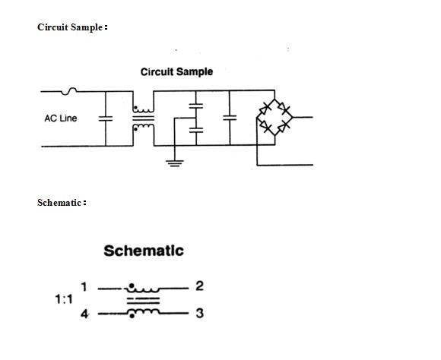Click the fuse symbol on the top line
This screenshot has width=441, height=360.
pyautogui.click(x=70, y=91)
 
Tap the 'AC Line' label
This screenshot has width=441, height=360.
pyautogui.click(x=61, y=118)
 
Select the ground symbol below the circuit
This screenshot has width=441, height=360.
pyautogui.click(x=174, y=163)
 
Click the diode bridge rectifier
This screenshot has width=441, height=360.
pyautogui.click(x=274, y=118)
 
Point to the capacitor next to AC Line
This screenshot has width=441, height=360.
pyautogui.click(x=106, y=118)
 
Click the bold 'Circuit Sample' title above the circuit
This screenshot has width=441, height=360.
pyautogui.click(x=176, y=72)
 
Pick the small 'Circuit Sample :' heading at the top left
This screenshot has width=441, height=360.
pyautogui.click(x=72, y=27)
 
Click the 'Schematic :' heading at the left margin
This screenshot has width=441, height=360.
pyautogui.click(x=62, y=203)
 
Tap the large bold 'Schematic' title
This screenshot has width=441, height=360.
pyautogui.click(x=144, y=251)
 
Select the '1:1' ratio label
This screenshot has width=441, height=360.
pyautogui.click(x=64, y=299)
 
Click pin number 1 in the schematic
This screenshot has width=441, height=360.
pyautogui.click(x=84, y=287)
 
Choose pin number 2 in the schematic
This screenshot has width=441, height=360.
pyautogui.click(x=199, y=286)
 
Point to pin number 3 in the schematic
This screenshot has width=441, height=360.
pyautogui.click(x=199, y=313)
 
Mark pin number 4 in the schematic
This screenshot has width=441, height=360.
pyautogui.click(x=84, y=313)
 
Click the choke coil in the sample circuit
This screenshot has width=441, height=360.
pyautogui.click(x=142, y=118)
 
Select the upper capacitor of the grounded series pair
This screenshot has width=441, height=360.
pyautogui.click(x=196, y=106)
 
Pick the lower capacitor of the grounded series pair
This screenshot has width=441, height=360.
pyautogui.click(x=196, y=131)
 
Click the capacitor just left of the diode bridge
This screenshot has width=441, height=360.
pyautogui.click(x=229, y=118)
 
